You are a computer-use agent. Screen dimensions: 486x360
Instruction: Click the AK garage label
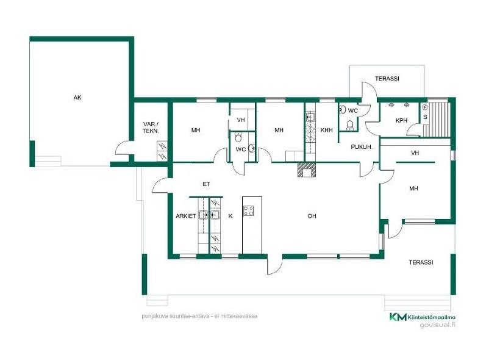point(77,98)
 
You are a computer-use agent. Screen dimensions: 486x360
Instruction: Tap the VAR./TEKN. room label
point(151,128)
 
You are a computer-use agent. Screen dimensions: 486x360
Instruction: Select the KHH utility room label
point(326,130)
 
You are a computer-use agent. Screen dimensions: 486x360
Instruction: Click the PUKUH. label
point(362,147)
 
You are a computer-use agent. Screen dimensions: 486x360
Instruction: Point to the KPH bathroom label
point(401,121)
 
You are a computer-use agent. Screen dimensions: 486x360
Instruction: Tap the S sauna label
point(425,117)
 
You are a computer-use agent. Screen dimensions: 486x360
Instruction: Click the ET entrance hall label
point(206,184)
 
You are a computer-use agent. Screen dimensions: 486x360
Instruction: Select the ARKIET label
point(185,216)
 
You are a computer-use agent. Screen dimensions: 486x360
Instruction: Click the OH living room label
point(312,216)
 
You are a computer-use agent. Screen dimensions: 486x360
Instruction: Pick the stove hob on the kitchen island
point(249,211)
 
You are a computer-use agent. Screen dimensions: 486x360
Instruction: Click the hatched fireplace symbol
point(307,170)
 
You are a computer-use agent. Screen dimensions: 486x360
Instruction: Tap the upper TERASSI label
point(387,79)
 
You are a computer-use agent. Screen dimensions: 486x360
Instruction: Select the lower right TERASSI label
point(421,262)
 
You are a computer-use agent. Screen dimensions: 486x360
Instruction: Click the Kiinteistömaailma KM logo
point(398,317)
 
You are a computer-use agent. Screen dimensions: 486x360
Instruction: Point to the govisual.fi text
point(437,325)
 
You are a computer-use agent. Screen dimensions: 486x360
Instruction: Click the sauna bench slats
point(437,119)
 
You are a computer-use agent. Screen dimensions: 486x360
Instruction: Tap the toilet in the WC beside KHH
point(349,124)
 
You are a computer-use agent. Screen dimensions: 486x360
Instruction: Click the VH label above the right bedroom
point(415,153)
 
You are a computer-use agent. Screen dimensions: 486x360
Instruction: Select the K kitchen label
point(230,216)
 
